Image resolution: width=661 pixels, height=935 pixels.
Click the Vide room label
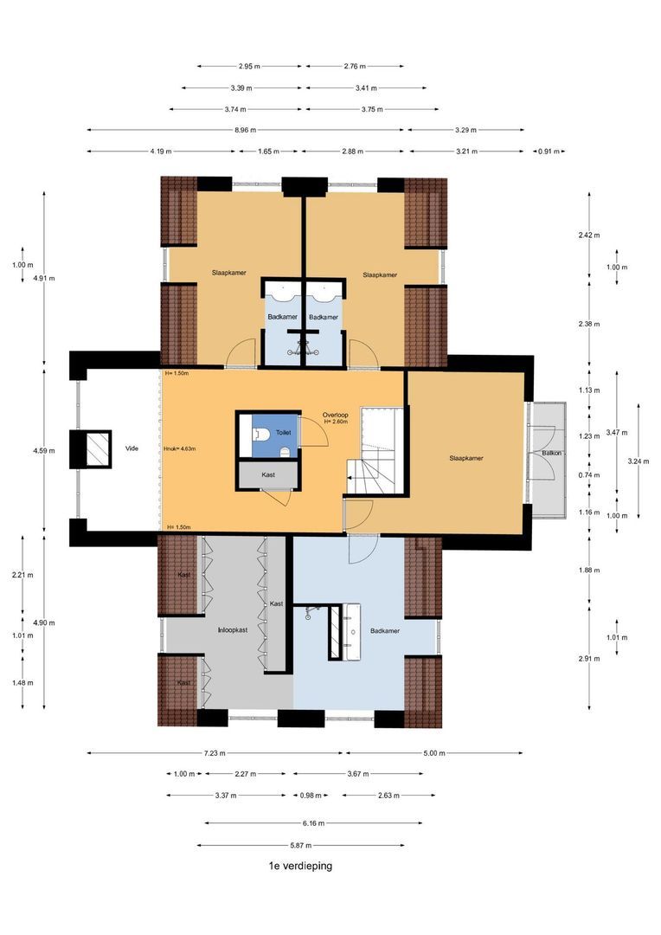132,448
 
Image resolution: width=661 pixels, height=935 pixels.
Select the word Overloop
336,414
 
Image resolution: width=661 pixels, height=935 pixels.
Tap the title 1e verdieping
300,865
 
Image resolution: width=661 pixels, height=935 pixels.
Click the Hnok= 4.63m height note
180,448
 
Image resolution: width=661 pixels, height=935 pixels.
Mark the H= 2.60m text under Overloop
336,422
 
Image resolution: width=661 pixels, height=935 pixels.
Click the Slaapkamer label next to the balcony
465,458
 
